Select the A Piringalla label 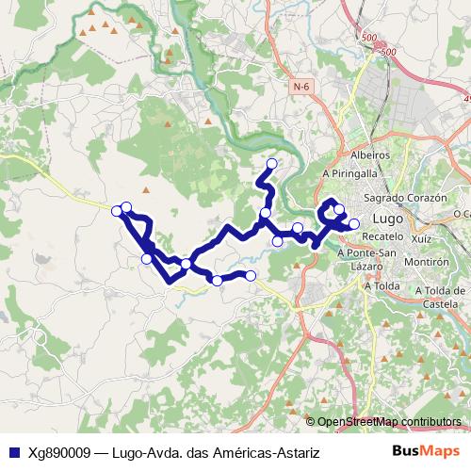[x=349, y=174]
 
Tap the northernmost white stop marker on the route [x=272, y=164]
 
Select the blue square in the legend [x=13, y=453]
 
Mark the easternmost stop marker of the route [x=354, y=223]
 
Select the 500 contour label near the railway [x=367, y=38]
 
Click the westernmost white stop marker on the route [x=117, y=210]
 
